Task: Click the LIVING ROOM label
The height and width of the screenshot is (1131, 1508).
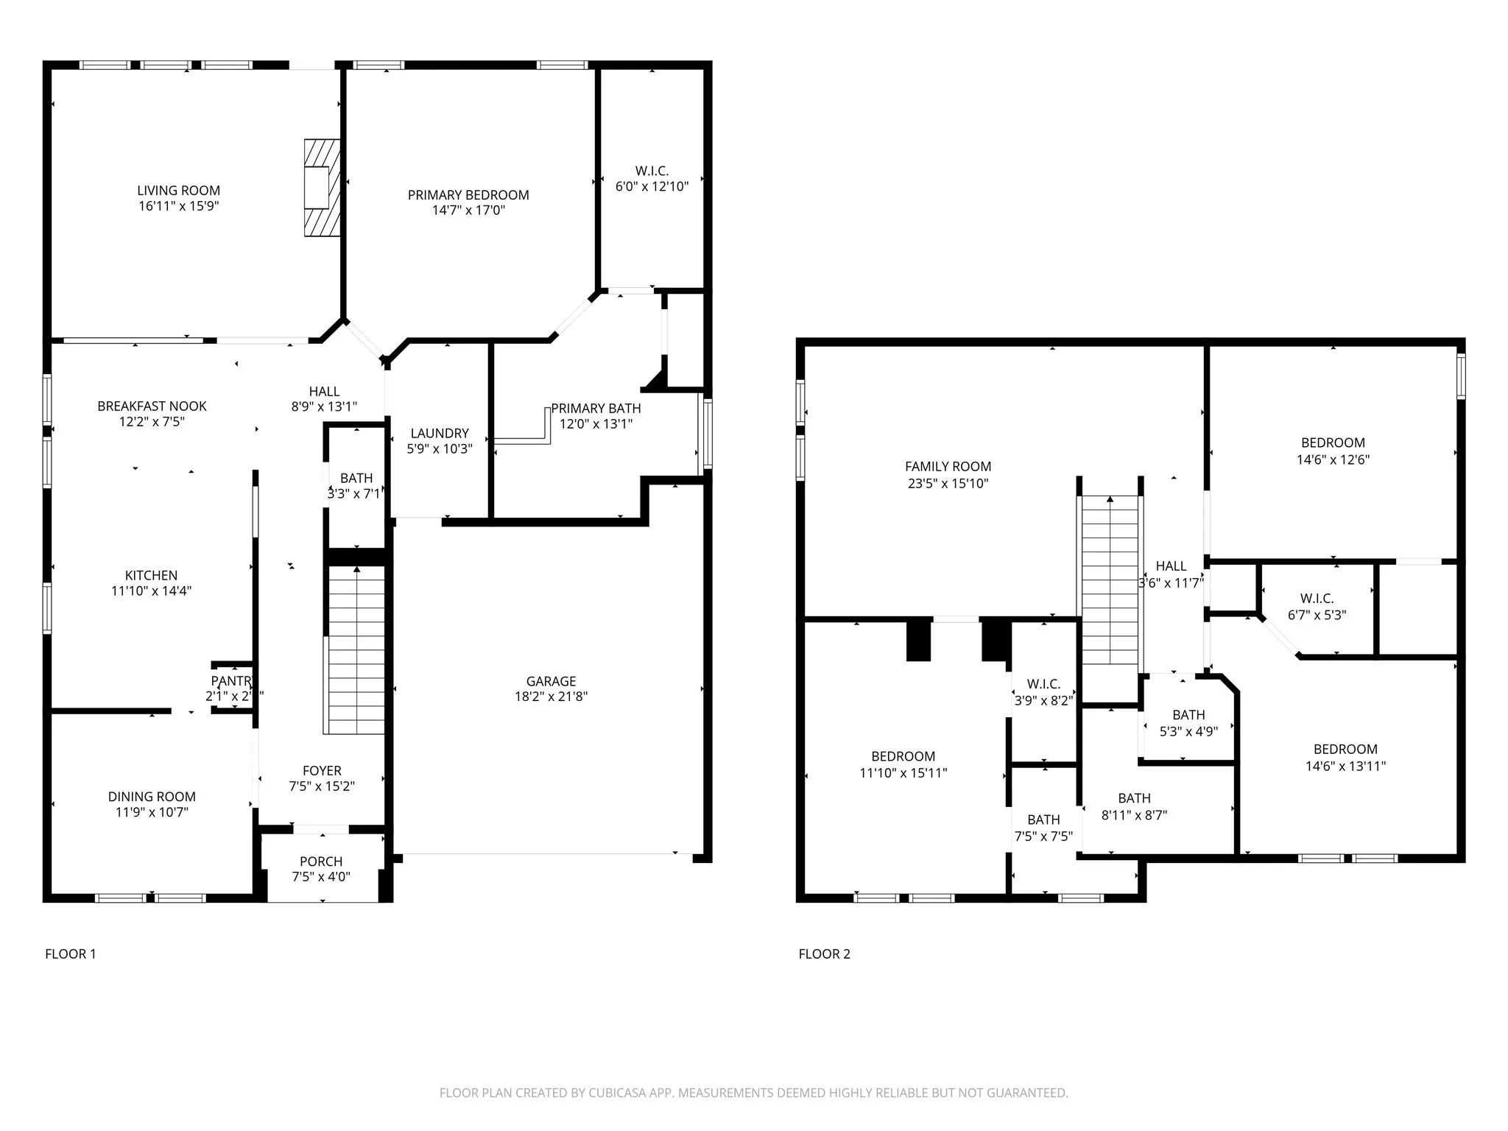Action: [178, 191]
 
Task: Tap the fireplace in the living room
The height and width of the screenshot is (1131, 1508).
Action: [323, 188]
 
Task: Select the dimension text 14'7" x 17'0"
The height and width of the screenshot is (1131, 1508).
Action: [468, 211]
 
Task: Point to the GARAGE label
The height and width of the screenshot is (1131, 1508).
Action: [551, 681]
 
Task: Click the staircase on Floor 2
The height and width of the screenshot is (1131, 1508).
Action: [1110, 582]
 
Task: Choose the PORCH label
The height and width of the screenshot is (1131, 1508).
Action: [321, 862]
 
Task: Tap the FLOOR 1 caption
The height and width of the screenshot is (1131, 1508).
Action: [71, 954]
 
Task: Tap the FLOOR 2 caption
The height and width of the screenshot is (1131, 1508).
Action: [824, 954]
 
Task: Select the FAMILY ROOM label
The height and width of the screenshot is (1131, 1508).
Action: [948, 467]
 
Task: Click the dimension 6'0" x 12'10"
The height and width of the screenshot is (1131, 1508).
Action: [652, 186]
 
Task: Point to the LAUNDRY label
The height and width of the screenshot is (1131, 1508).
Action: [440, 434]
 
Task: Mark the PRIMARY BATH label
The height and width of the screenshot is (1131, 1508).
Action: [596, 409]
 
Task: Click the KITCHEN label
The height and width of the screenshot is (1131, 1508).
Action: [151, 576]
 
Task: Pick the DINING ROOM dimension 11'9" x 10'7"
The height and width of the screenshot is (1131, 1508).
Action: [152, 812]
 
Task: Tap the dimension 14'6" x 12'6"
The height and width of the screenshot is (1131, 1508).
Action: [1333, 459]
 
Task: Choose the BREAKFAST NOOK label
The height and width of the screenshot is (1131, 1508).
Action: [152, 406]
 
